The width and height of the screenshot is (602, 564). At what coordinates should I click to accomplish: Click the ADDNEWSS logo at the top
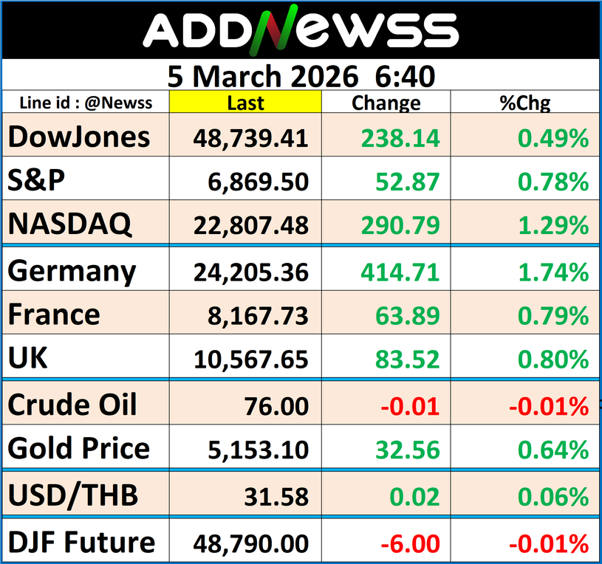300,31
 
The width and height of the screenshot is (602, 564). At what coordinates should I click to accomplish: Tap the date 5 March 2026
266,75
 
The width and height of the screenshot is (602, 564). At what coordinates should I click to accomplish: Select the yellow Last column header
245,103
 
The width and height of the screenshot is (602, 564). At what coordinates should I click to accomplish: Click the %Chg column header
524,103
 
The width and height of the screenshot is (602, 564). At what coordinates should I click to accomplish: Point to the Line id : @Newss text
86,103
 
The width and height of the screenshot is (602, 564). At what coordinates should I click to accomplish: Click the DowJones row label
79,137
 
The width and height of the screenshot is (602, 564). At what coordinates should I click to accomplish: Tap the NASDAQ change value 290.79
400,226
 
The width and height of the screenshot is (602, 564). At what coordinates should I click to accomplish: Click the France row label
54,315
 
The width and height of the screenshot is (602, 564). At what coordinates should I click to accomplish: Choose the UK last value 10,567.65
251,360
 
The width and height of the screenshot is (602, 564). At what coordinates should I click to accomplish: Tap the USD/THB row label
73,495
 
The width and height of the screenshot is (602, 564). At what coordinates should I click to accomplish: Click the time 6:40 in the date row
405,75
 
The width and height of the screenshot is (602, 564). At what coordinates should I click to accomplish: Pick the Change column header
386,103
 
